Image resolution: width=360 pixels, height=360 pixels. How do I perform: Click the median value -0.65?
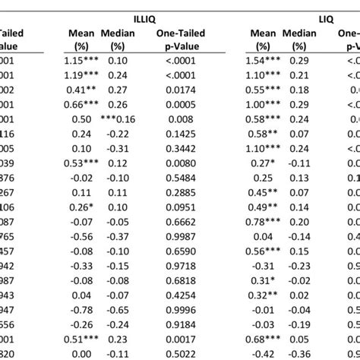coord(118,311)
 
